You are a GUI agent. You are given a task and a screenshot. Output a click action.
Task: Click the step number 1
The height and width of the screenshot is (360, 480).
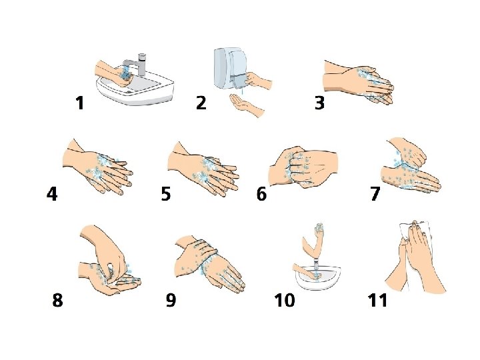point(80,103)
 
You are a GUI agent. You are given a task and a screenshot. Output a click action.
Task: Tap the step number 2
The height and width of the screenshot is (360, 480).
point(201,103)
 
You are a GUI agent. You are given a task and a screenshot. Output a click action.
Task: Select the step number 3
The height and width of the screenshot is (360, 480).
point(319,103)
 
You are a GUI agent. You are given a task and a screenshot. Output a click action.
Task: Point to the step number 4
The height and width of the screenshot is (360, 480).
point(52,194)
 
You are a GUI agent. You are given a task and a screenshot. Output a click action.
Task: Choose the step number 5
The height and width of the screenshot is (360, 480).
point(165,194)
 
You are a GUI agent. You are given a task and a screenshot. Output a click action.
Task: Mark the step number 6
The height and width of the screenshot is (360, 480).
point(261,194)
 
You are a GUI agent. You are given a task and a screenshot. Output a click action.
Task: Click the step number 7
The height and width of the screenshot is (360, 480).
point(375,194)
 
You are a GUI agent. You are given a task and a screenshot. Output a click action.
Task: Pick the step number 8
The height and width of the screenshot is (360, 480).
point(57,300)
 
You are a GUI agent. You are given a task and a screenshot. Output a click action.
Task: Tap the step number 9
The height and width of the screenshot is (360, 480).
point(171,300)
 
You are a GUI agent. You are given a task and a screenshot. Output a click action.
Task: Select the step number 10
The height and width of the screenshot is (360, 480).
point(285,300)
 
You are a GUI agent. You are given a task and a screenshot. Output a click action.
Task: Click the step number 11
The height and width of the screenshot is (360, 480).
point(377,300)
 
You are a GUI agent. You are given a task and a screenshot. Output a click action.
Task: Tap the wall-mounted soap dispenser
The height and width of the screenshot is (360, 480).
point(229,67)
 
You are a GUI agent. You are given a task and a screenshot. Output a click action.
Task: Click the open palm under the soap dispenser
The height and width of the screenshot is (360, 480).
point(247,105)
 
